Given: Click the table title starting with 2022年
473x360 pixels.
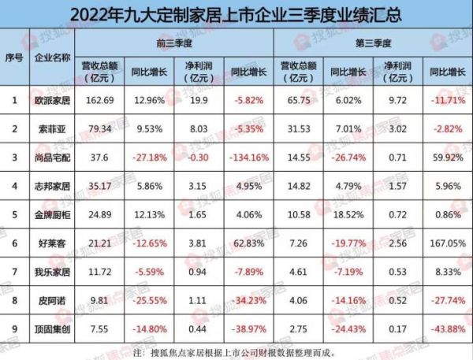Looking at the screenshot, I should point(236,13).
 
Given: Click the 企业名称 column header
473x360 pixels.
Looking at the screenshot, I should point(53,59).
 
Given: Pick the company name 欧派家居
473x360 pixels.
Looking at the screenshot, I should point(53,99).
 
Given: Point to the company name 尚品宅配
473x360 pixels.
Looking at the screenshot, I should point(53,157).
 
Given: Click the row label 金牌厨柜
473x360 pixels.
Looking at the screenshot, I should point(53,214).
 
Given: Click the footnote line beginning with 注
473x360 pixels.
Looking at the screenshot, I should point(236,351).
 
